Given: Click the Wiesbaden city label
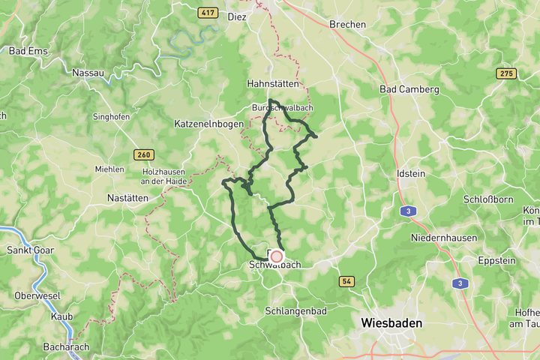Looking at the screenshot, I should coord(391,323).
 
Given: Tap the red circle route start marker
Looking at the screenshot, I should coord(276,256).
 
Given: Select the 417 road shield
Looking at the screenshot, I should coord(208,13).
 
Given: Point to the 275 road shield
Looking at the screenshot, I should coord(506,73).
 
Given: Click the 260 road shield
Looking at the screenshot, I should coord(144,154).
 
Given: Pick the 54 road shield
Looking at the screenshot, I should coord(346,281).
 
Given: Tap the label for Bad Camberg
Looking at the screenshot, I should coord(409,89).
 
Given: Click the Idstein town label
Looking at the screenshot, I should coord(410,173).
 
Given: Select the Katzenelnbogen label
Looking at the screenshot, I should coord(209,123).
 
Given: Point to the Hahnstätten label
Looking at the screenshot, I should coord(273,85).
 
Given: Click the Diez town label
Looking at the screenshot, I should coord(237,16).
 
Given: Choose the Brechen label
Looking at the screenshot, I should coord(348,24).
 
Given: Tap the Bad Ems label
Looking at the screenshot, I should coord(28,51).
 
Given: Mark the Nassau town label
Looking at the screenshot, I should coord(88,73).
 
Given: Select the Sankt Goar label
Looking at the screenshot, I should coord(28,250).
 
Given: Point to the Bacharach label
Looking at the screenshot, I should coord(66,346).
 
